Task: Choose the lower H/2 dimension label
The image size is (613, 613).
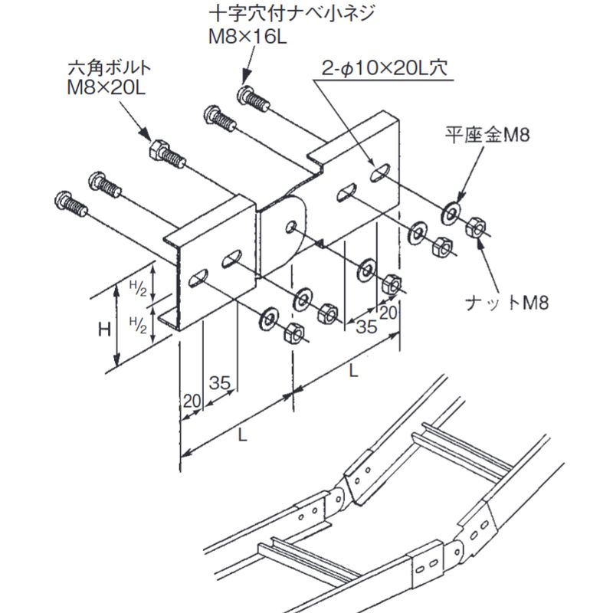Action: pos(137,321)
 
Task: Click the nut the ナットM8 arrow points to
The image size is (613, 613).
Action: pos(474,224)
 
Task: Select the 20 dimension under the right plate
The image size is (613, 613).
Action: pos(388,312)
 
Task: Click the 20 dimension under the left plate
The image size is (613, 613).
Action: pos(191,399)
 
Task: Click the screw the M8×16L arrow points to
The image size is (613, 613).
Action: pos(248,97)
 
